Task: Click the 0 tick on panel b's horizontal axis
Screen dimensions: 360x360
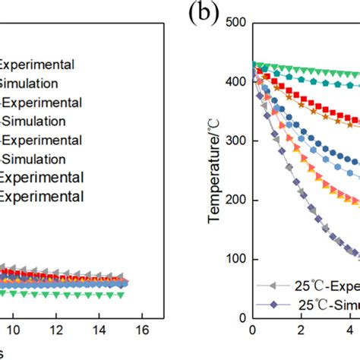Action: pos(253,331)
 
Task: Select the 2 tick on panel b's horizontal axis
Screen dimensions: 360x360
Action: pos(302,331)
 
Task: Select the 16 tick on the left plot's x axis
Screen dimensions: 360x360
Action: pos(139,331)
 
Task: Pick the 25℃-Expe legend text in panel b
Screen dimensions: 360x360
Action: pos(326,286)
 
